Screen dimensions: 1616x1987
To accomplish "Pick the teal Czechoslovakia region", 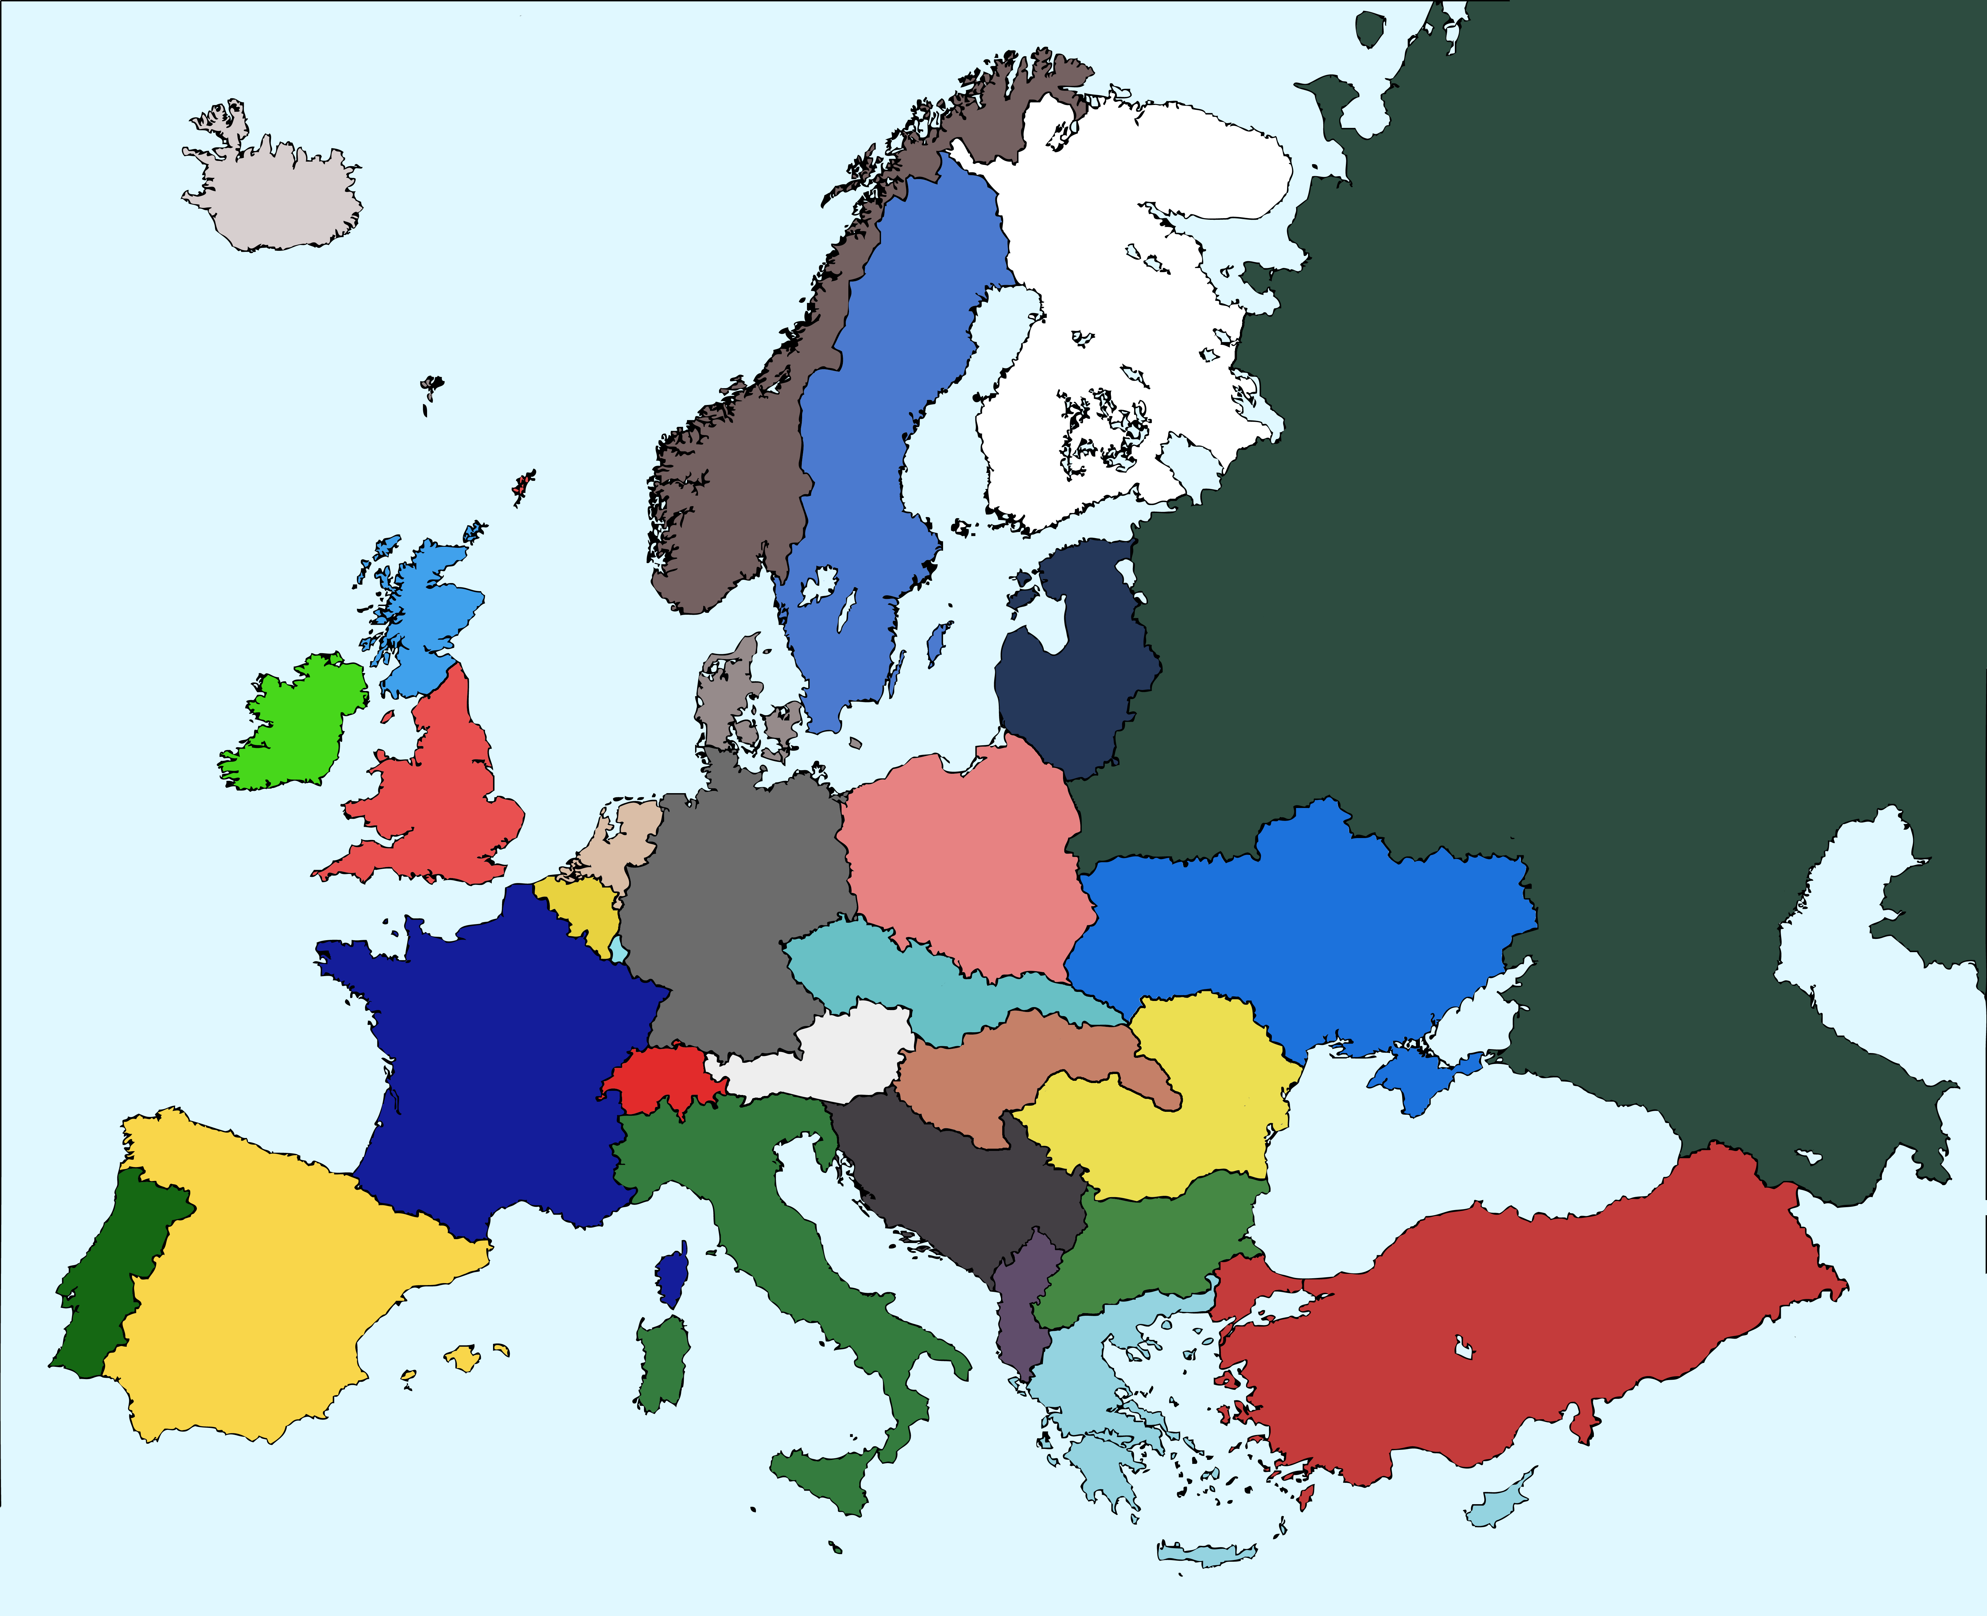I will click(894, 977).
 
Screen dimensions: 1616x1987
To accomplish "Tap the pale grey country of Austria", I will click(838, 1052).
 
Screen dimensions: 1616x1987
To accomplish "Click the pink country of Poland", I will click(959, 866).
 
